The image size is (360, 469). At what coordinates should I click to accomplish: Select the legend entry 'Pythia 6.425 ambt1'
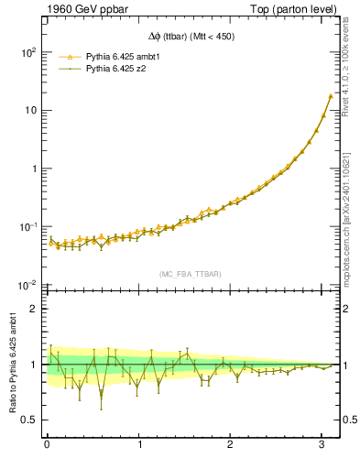tap(118, 57)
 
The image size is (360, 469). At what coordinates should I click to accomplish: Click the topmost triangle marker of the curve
tap(331, 96)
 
